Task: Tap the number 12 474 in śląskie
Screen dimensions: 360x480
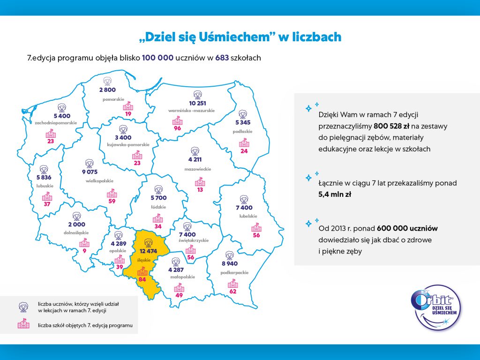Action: click(x=148, y=251)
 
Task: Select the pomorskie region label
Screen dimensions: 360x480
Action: click(x=113, y=99)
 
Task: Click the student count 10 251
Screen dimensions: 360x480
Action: click(x=198, y=103)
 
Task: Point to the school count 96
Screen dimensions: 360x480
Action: click(x=177, y=128)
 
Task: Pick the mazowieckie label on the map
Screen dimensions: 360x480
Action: click(x=198, y=169)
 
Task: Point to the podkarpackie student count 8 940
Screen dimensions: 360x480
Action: click(x=229, y=264)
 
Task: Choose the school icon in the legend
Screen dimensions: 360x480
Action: click(x=22, y=324)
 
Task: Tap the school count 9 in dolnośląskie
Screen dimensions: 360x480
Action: click(x=84, y=251)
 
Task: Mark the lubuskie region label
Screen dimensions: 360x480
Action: click(x=45, y=186)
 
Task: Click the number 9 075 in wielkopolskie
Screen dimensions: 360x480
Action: click(x=90, y=172)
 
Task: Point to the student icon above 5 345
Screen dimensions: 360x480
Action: click(x=242, y=114)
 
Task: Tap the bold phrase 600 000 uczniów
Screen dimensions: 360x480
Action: click(x=407, y=228)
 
